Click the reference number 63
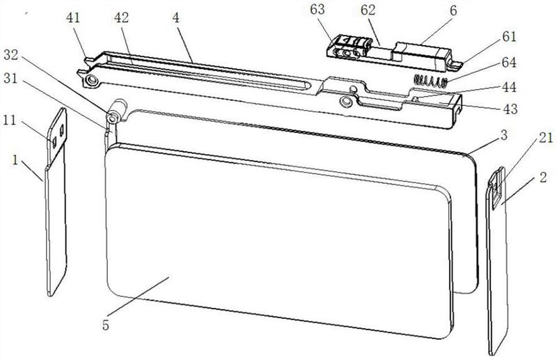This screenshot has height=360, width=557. [317, 10]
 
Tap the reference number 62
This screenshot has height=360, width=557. [368, 10]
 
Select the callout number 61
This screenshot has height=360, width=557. [509, 37]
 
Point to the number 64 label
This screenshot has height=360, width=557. [509, 63]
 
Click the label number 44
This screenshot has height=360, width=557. [509, 87]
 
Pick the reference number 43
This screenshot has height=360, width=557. [510, 109]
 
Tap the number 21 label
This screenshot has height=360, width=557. [546, 138]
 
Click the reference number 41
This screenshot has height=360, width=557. [73, 18]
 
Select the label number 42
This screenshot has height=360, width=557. [121, 18]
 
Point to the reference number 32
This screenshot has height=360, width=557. [11, 55]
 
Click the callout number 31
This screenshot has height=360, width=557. [10, 79]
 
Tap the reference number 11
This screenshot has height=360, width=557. [10, 120]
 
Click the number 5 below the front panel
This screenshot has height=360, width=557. [106, 324]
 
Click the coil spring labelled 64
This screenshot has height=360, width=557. [430, 82]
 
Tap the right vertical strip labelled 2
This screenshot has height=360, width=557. [498, 261]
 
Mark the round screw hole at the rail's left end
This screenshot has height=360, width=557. [93, 80]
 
